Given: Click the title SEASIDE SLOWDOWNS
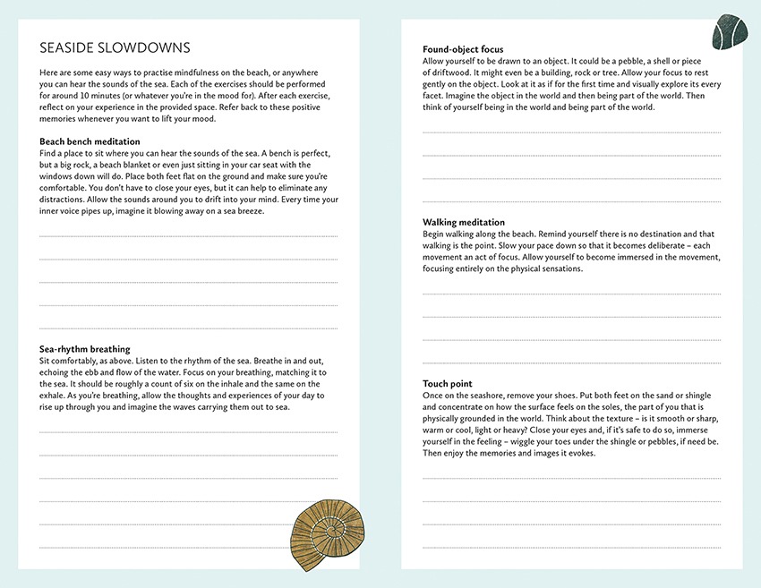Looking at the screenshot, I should click(x=115, y=47).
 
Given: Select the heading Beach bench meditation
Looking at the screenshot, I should click(x=90, y=141).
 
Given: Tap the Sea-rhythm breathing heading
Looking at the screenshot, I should click(x=85, y=349).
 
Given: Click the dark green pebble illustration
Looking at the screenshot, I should click(x=729, y=32).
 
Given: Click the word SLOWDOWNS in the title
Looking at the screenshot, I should click(x=152, y=47).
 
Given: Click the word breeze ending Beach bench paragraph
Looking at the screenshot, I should click(x=261, y=211).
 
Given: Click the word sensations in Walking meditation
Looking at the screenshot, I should click(x=559, y=268).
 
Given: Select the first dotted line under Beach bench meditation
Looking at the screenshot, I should click(x=188, y=236).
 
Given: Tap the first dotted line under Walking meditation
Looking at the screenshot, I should click(x=572, y=294).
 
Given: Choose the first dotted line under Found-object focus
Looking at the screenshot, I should click(x=572, y=132).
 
